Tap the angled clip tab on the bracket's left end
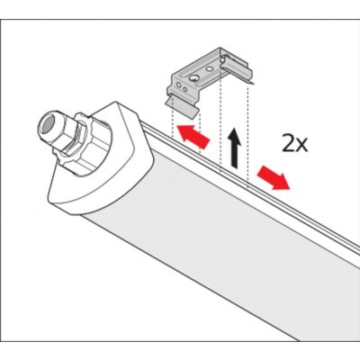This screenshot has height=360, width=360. click(180, 103)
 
